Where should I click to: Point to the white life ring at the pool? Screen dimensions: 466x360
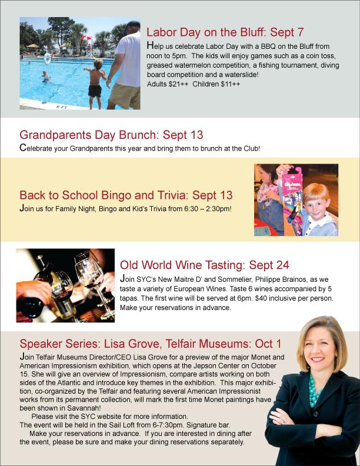pos(48,58)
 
